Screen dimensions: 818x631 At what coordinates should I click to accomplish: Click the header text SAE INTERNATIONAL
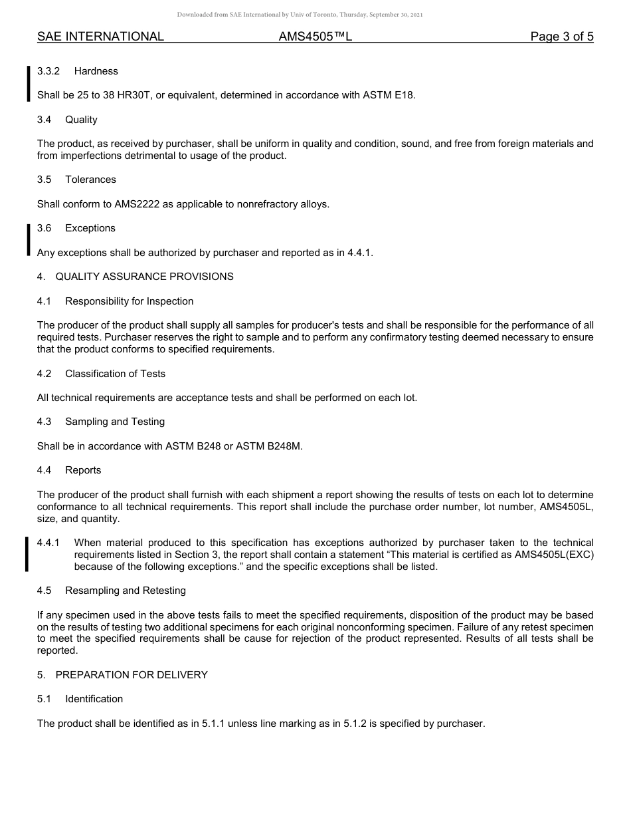[100, 37]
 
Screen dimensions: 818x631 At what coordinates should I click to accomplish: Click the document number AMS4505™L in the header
[315, 37]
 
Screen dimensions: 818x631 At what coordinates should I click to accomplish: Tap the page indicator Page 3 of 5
[561, 37]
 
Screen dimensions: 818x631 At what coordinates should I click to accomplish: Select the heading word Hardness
[96, 71]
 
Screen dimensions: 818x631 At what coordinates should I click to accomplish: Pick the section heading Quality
[81, 120]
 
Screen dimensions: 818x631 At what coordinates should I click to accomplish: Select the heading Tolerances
[90, 180]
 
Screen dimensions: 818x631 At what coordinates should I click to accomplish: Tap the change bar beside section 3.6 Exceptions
[28, 240]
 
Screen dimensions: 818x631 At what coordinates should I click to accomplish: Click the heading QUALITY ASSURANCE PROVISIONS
[144, 277]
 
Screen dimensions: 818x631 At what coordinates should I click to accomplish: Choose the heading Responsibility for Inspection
[129, 301]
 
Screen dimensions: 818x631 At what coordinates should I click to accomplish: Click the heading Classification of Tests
[115, 374]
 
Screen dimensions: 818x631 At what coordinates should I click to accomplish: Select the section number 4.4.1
[48, 543]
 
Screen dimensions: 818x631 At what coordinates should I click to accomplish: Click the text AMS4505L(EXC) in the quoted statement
[554, 555]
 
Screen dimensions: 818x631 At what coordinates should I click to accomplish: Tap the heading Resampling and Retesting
[126, 591]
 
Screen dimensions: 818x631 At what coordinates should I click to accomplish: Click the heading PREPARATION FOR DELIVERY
[132, 675]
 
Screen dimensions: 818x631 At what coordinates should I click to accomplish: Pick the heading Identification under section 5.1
[94, 699]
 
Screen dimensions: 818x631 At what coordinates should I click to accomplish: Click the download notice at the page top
[300, 14]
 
